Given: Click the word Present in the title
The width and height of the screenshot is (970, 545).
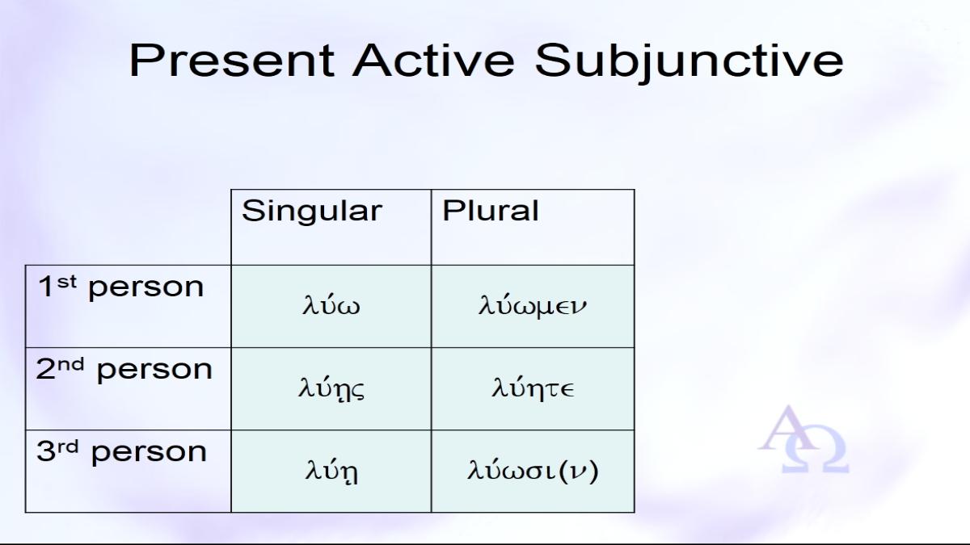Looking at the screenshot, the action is [x=232, y=61].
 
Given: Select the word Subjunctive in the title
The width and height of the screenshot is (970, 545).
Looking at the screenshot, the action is [x=690, y=63].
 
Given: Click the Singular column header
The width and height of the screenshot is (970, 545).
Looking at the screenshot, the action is [x=312, y=212].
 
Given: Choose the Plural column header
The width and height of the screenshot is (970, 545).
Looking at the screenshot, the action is [x=490, y=211].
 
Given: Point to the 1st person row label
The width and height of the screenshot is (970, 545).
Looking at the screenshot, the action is [x=120, y=287].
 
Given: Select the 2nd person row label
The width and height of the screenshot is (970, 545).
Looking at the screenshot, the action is [x=124, y=369].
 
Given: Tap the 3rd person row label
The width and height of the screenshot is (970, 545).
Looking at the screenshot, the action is [x=122, y=451].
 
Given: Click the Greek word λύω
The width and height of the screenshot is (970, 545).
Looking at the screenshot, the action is [x=331, y=304].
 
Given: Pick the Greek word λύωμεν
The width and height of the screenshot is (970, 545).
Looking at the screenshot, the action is [x=533, y=305].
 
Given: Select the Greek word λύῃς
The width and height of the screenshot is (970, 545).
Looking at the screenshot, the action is [x=331, y=388].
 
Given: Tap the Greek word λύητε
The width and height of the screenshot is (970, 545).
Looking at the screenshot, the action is [x=533, y=387].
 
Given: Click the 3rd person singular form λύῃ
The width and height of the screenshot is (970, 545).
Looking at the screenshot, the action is [x=331, y=471].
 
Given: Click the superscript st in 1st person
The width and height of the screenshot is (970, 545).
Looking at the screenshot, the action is [x=66, y=282].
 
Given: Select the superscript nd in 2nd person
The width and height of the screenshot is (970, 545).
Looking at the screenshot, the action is [x=71, y=365].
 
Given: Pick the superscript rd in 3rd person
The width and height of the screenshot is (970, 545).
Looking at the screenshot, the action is [x=68, y=446].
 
